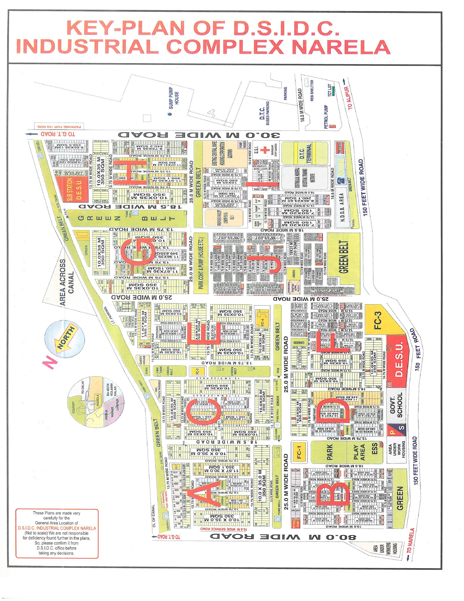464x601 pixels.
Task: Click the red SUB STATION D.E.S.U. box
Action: click(x=72, y=189)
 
